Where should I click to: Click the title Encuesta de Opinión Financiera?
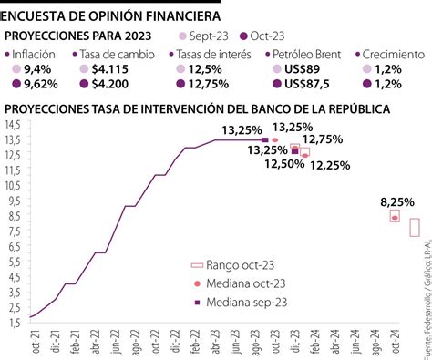point(110,15)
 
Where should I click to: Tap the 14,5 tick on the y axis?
point(14,123)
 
